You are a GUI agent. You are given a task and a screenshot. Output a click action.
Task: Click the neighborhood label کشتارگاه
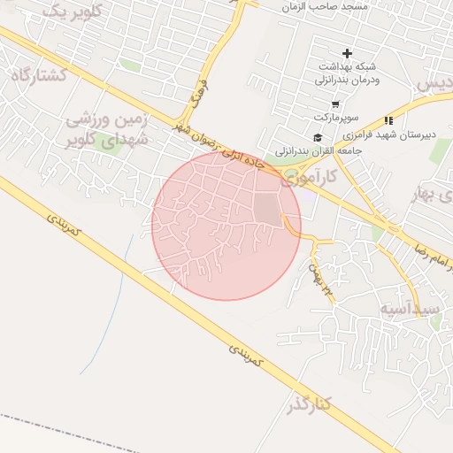(x=41, y=74)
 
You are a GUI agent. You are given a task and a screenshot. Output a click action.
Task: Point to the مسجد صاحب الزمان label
(x=323, y=6)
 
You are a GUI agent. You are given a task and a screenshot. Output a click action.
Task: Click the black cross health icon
(x=347, y=54)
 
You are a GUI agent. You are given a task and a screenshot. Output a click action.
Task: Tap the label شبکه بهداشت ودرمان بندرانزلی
(x=346, y=73)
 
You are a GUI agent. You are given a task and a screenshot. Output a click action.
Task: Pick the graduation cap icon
(x=317, y=137)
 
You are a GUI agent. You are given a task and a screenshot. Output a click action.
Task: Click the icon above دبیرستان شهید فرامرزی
(x=388, y=120)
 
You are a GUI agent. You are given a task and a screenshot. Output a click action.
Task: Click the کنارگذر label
(x=309, y=405)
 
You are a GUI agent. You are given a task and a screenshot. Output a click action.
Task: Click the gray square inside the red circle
(x=266, y=209)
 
